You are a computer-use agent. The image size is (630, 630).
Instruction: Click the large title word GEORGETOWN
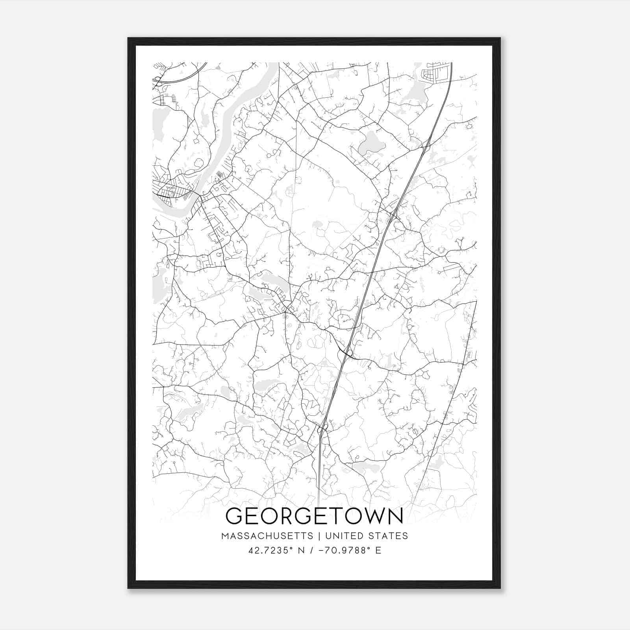[x=314, y=516]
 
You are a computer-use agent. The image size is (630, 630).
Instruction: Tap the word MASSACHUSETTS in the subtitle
[x=267, y=536]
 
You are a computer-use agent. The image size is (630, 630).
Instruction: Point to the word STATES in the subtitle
[x=389, y=536]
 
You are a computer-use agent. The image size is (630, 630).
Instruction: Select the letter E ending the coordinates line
[x=378, y=550]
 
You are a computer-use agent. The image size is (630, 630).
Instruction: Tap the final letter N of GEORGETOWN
[x=395, y=516]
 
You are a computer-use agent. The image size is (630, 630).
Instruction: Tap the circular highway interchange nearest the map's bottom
[x=323, y=427]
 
